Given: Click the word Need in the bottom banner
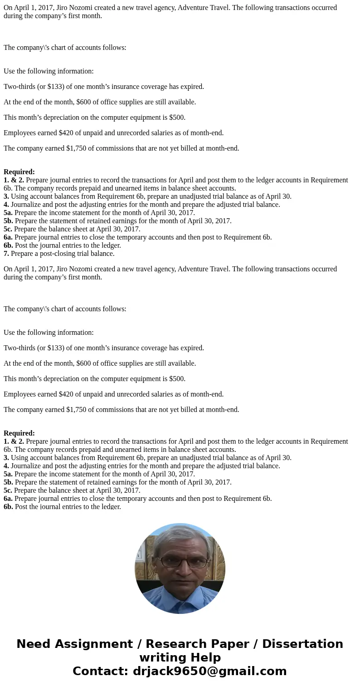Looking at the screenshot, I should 37,644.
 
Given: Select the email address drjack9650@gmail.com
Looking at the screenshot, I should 209,671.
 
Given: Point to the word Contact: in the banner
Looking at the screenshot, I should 100,671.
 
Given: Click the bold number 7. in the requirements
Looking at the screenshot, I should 6,254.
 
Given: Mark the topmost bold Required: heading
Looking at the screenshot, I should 19,172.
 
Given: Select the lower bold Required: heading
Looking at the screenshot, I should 19,433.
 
